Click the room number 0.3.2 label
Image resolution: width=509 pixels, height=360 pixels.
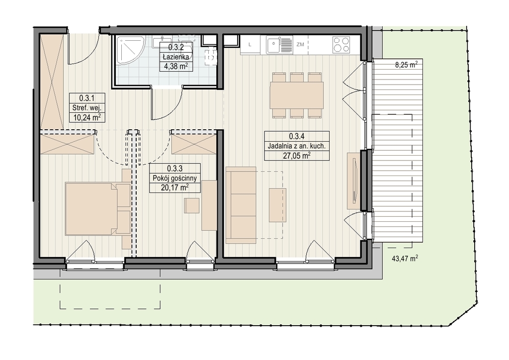click(x=176, y=47)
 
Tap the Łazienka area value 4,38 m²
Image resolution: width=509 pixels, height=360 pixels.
click(x=176, y=66)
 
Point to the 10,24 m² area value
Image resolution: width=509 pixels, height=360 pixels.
click(x=87, y=117)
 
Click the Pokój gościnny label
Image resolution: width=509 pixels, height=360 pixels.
click(x=174, y=178)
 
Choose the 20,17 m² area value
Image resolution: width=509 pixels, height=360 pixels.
click(x=174, y=187)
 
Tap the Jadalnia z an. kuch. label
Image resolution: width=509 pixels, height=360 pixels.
click(x=296, y=146)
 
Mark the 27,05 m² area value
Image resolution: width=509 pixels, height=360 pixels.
click(x=297, y=156)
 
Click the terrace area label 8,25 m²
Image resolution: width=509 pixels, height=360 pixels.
click(x=406, y=64)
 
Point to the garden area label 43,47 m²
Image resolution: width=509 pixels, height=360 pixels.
click(x=405, y=259)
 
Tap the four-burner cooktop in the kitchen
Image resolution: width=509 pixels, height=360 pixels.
click(x=341, y=45)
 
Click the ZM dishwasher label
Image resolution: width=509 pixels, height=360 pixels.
click(x=300, y=44)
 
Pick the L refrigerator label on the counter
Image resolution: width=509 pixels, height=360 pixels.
click(x=250, y=44)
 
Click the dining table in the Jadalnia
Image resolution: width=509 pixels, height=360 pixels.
click(x=297, y=95)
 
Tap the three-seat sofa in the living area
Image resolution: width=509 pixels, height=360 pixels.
click(x=241, y=205)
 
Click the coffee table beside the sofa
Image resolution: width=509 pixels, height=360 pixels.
click(x=277, y=205)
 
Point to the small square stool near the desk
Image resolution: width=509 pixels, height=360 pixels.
click(x=192, y=205)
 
